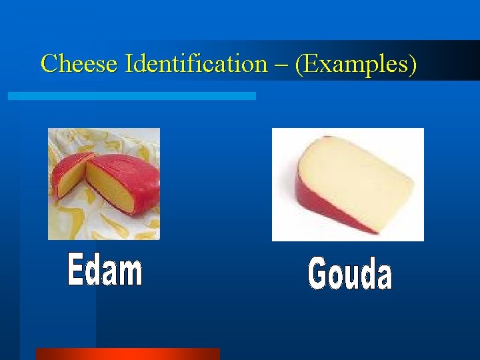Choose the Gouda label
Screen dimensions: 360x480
point(350,274)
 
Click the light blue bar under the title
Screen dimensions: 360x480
point(131,96)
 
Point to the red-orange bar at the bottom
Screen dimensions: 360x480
point(127,353)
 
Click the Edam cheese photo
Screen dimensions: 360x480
point(104,183)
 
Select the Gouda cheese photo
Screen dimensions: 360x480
point(347,184)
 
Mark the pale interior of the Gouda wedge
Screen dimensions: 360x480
point(353,177)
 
